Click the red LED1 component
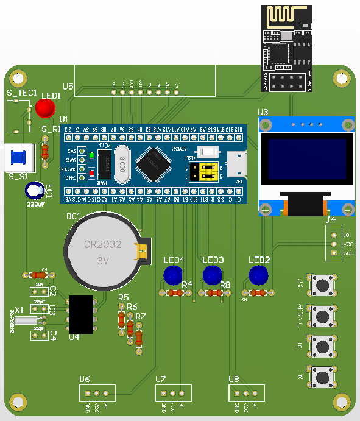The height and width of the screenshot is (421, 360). (44, 108)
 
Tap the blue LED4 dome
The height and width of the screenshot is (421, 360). (174, 275)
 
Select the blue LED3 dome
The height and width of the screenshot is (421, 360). (211, 275)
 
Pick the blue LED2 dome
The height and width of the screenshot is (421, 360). (258, 275)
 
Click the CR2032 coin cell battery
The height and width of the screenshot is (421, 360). (102, 250)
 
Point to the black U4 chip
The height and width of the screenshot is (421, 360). (81, 314)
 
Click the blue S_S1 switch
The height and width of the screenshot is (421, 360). (19, 157)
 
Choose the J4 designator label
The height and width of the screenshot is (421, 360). (330, 219)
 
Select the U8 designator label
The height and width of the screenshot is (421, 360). (234, 379)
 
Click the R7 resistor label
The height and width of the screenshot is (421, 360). (141, 316)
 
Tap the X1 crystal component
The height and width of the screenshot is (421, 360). (27, 321)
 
